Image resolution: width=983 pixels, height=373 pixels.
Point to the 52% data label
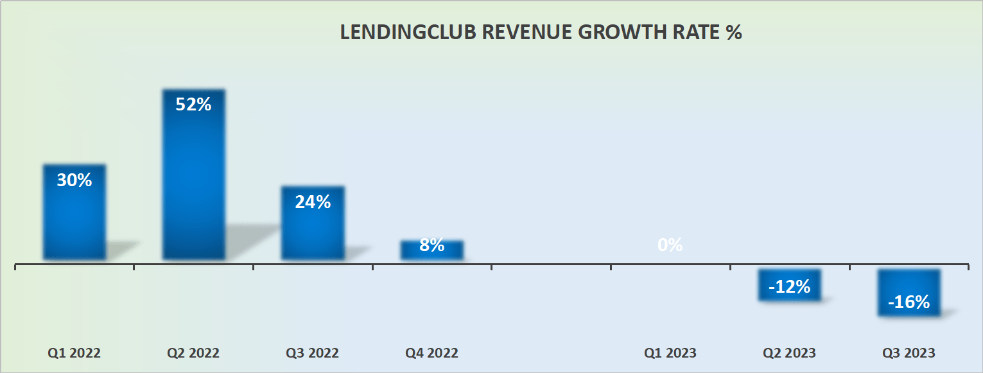pyautogui.click(x=193, y=105)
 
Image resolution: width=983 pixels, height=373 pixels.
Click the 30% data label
pyautogui.click(x=74, y=180)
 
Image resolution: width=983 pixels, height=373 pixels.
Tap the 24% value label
pyautogui.click(x=313, y=202)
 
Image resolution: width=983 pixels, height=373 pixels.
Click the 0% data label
pyautogui.click(x=670, y=245)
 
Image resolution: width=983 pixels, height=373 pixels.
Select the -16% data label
pyautogui.click(x=909, y=302)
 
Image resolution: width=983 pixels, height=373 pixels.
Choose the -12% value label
pyautogui.click(x=789, y=287)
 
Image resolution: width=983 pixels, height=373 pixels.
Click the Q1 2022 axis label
pyautogui.click(x=74, y=353)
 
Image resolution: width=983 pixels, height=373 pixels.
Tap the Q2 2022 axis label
pyautogui.click(x=193, y=353)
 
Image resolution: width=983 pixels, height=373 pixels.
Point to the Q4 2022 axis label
pyautogui.click(x=431, y=353)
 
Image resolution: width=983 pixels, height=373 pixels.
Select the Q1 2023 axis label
pyautogui.click(x=670, y=353)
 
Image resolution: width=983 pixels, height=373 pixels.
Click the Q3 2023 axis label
pyautogui.click(x=909, y=353)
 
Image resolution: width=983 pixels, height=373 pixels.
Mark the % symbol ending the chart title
pyautogui.click(x=734, y=33)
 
